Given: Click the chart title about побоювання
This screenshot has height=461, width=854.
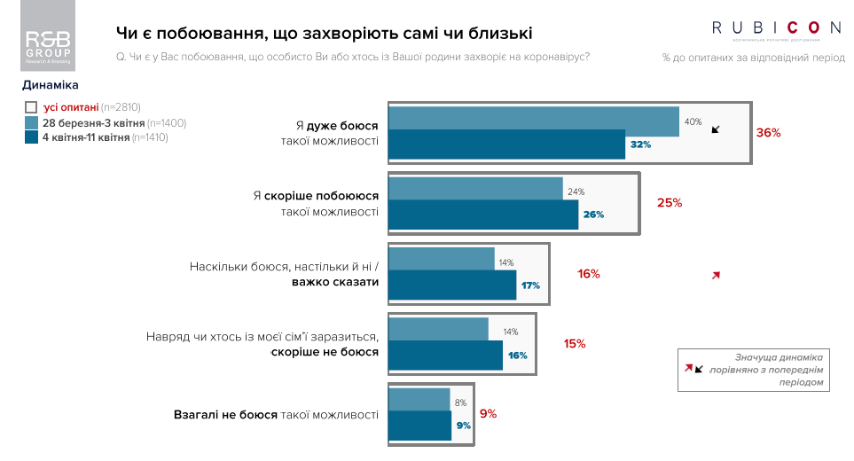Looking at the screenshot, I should tap(325, 34).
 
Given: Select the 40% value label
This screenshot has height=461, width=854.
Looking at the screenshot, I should tap(693, 121).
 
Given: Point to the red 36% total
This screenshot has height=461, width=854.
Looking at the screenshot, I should tap(768, 133).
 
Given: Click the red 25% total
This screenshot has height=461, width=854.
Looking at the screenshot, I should tap(670, 202).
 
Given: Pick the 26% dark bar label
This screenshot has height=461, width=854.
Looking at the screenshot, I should tap(593, 215).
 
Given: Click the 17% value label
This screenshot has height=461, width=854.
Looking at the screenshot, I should tap(530, 285).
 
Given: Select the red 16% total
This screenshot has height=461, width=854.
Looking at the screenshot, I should tap(589, 274).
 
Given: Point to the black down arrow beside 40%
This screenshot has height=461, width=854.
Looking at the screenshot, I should tap(717, 128).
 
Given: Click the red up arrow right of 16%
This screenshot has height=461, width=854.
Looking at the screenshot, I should tap(716, 276).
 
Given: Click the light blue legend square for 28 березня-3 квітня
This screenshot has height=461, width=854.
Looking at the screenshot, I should tap(31, 122).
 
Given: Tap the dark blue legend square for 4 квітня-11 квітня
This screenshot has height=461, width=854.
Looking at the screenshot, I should tap(31, 137).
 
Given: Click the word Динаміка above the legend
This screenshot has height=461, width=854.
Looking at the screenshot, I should tap(51, 86).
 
